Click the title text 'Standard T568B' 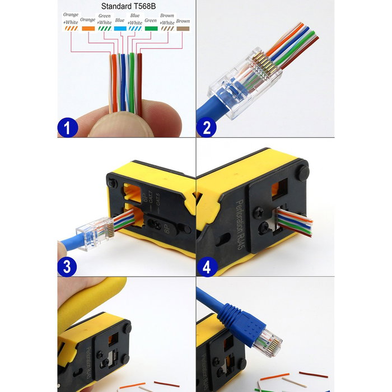point(126,7)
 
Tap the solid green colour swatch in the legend point(151,27)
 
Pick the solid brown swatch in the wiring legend point(183,27)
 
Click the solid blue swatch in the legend point(119,27)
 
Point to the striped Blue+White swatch point(135,27)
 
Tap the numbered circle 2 point(206,128)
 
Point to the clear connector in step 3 point(94,230)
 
